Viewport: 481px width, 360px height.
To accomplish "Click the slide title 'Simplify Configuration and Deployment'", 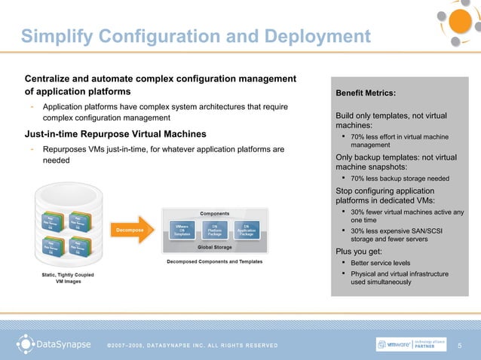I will (192, 36).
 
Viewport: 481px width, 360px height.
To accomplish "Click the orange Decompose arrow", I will (133, 229).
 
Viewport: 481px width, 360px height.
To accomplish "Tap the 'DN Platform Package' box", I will (215, 230).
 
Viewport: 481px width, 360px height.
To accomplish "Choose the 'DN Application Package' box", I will (247, 230).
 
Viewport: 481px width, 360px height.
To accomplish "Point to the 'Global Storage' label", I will (215, 246).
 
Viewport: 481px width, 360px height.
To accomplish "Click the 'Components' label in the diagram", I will (215, 213).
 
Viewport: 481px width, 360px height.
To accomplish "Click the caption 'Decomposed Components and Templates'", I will (215, 261).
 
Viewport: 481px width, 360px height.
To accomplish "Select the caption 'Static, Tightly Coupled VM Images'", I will (69, 278).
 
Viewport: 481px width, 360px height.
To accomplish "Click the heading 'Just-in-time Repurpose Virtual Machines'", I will (115, 135).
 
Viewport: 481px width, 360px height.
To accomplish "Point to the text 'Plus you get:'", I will (360, 251).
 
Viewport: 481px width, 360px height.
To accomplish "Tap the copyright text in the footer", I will (192, 346).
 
